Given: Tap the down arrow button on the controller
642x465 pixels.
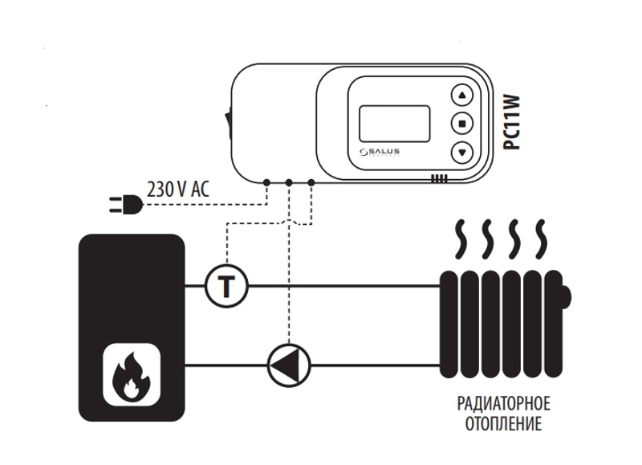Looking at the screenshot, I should pos(462,150).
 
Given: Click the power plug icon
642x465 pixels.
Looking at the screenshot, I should pos(127,206).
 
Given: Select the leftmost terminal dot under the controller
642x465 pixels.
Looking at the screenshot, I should pos(266,183).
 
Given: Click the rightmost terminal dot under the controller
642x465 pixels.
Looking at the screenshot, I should pos(311,183).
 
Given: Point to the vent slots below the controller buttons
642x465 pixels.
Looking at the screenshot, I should pos(438,179).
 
